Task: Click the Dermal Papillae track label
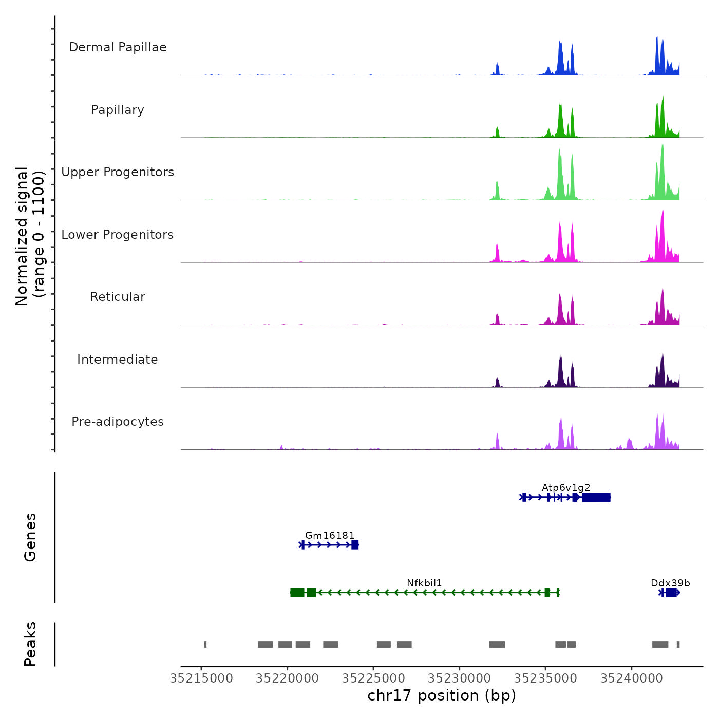pos(118,47)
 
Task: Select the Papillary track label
pos(118,110)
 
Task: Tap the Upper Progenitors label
pos(118,172)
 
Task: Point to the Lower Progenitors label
pos(118,235)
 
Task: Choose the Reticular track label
pos(118,297)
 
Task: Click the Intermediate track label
pos(118,359)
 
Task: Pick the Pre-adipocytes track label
pos(118,422)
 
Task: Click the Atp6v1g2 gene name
pos(566,487)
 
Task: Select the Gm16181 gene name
pos(330,535)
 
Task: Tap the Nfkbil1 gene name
pos(424,583)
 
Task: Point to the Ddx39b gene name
pos(670,583)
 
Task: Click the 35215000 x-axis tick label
pos(201,678)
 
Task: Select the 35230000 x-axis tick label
pos(460,678)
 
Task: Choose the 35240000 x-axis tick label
pos(632,678)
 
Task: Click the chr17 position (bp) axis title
pos(442,695)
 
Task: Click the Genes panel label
pos(30,537)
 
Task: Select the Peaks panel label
pos(30,644)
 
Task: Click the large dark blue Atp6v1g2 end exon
pos(596,497)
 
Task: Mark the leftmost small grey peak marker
pos(205,645)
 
